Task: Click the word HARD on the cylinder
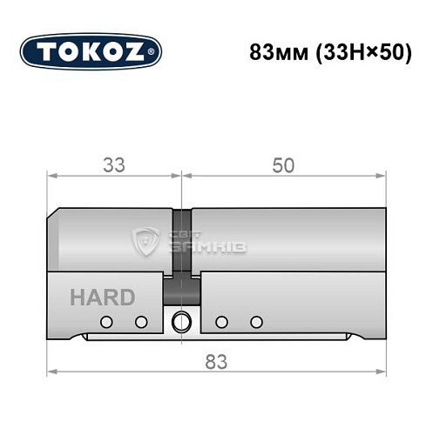pos(103,298)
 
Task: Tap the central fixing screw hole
pos(182,321)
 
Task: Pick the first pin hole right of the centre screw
pos(221,322)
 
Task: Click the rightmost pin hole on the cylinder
pos(255,322)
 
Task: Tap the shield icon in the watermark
pos(145,242)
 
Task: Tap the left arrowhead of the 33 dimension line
pos(51,177)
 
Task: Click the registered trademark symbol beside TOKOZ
pos(156,52)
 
